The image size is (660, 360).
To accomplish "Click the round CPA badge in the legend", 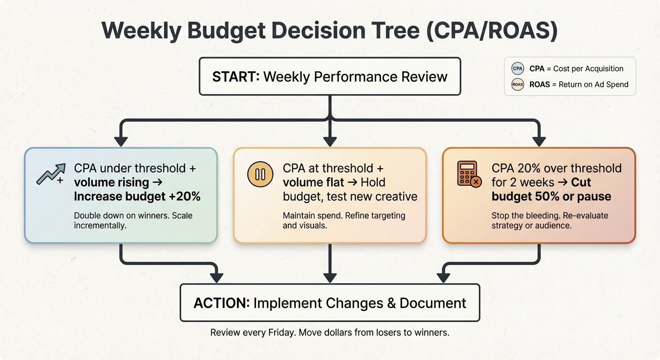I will [x=517, y=68].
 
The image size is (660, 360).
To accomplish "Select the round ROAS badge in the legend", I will [x=517, y=85].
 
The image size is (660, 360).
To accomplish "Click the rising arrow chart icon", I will [x=50, y=174].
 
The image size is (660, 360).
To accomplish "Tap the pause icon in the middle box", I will [x=260, y=174].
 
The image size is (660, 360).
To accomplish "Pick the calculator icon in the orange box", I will [x=468, y=174].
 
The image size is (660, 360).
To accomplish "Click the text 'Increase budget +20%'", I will [x=137, y=196].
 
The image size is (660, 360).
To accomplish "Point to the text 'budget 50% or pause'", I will [x=551, y=196].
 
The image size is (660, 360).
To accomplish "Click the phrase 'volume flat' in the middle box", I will [x=313, y=182].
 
